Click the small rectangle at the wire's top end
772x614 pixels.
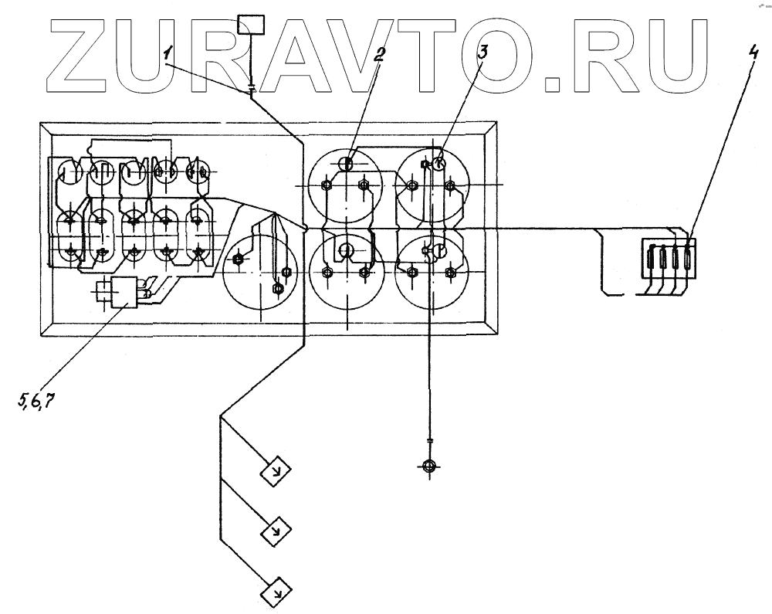click(x=252, y=26)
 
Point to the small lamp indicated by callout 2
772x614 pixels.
click(x=348, y=163)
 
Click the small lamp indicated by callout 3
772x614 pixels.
click(x=438, y=163)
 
